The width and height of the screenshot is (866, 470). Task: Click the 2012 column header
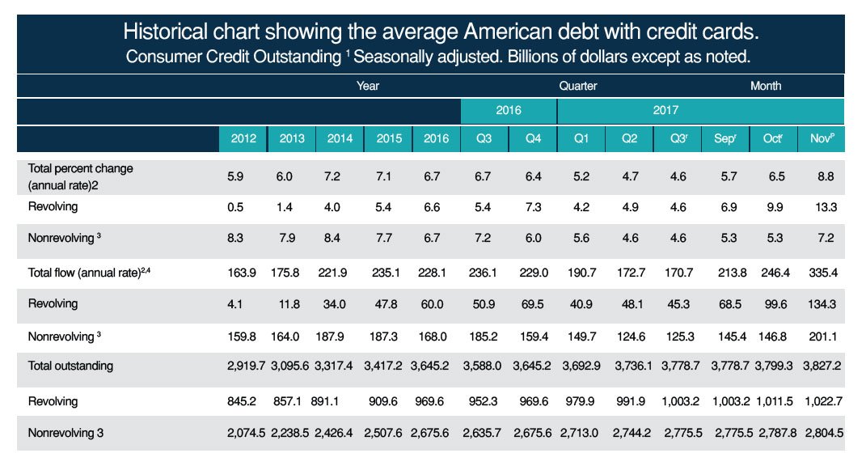pyautogui.click(x=243, y=138)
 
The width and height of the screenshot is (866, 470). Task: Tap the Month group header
pyautogui.click(x=765, y=86)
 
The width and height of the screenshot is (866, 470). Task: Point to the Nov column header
pyautogui.click(x=822, y=138)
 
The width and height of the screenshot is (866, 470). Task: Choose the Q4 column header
pyautogui.click(x=532, y=138)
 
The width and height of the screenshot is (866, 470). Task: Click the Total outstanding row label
pyautogui.click(x=71, y=366)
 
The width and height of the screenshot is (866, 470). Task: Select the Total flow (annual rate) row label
pyautogui.click(x=85, y=272)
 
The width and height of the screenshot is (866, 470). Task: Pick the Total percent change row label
pyautogui.click(x=80, y=176)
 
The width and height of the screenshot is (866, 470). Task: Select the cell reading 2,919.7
pyautogui.click(x=243, y=366)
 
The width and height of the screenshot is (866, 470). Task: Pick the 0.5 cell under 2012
pyautogui.click(x=243, y=206)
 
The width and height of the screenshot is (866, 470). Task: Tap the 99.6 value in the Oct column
pyautogui.click(x=773, y=304)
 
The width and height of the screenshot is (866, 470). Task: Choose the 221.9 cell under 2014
pyautogui.click(x=340, y=273)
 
